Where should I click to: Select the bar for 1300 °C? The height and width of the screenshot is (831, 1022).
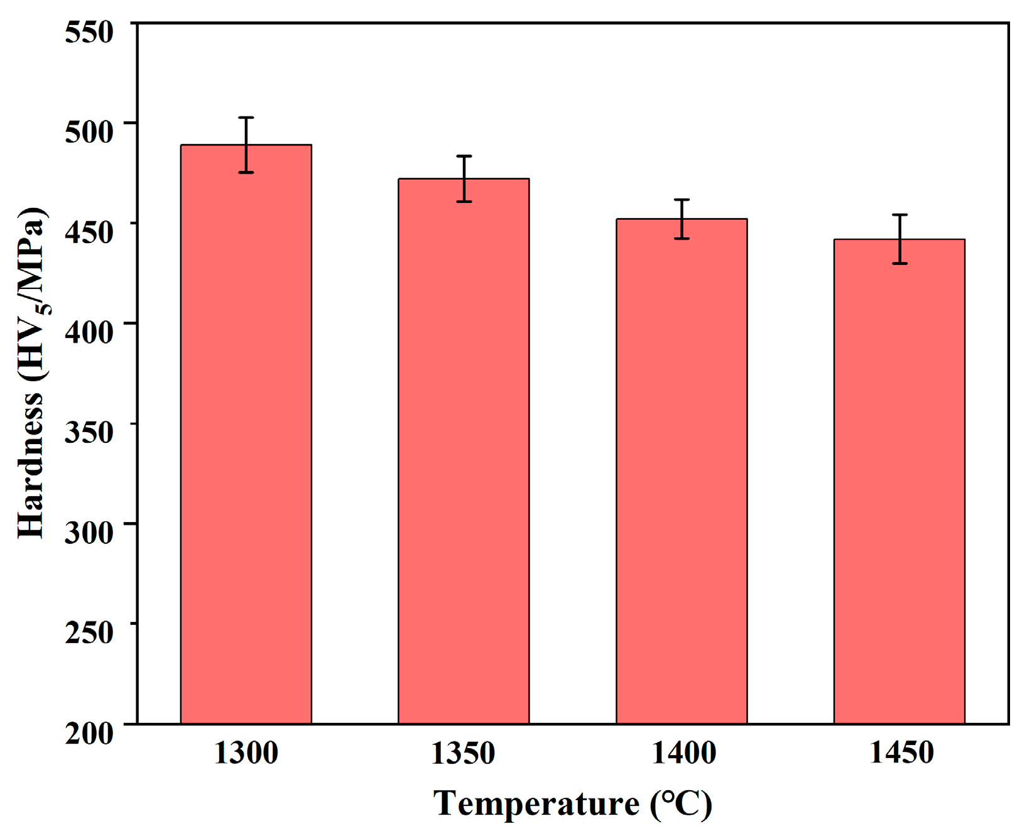pos(246,433)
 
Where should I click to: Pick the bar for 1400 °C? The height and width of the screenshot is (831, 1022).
pos(682,471)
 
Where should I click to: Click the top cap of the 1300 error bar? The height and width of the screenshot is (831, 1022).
pos(246,117)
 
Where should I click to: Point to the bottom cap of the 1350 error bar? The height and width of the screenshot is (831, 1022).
pos(464,202)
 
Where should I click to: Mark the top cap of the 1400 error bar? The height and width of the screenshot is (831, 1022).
pos(682,200)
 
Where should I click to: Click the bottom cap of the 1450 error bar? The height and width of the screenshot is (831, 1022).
pos(900,263)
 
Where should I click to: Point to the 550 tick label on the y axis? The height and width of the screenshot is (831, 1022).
pos(89,31)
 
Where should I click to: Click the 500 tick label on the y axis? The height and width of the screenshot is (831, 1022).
pos(89,131)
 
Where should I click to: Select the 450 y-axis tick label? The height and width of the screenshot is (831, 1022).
pos(89,232)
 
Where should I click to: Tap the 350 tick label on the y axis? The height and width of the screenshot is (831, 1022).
pos(89,432)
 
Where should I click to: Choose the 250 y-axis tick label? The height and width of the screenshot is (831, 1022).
pos(89,632)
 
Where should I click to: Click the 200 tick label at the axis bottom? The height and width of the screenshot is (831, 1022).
pos(89,732)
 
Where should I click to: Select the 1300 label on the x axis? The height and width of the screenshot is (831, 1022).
pos(246,752)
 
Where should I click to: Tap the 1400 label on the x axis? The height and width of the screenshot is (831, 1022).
pos(683,752)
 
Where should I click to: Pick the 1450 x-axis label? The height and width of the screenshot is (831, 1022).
pos(901,752)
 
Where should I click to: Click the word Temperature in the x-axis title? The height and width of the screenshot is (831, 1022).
pos(536,803)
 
